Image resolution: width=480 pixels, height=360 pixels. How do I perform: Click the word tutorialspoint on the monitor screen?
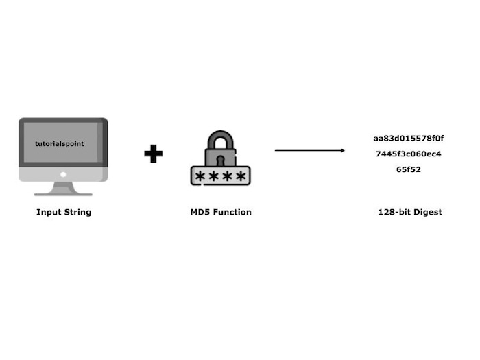pos(60,144)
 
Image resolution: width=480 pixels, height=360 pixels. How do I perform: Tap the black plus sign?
pos(154,154)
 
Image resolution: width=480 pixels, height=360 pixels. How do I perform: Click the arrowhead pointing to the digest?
pos(342,150)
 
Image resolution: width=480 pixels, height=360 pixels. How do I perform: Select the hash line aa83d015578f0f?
pos(409,138)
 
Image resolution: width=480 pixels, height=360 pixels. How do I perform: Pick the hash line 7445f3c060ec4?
pos(409,154)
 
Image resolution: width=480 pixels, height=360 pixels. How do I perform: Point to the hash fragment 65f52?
pos(409,169)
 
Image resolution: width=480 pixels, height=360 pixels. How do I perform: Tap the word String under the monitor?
pos(77,212)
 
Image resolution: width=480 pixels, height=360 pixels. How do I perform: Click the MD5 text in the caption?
pos(200,212)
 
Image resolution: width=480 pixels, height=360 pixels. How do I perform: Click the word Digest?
pos(429,212)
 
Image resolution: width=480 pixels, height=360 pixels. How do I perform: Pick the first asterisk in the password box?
pos(200,176)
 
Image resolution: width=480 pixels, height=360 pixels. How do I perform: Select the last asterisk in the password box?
pos(240,176)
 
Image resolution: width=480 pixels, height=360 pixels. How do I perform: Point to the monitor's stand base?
pos(63,193)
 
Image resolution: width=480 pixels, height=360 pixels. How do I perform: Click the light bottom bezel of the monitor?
pos(63,174)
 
